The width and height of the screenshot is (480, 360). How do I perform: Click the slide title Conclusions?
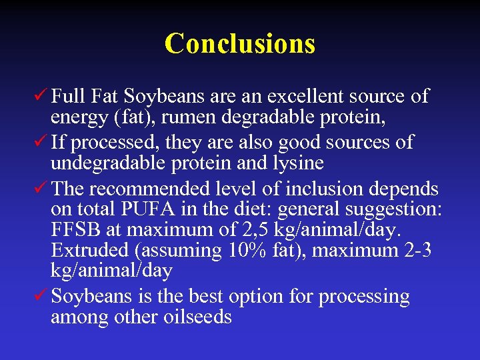click(239, 44)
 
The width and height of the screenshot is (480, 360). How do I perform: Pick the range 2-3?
click(419, 251)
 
